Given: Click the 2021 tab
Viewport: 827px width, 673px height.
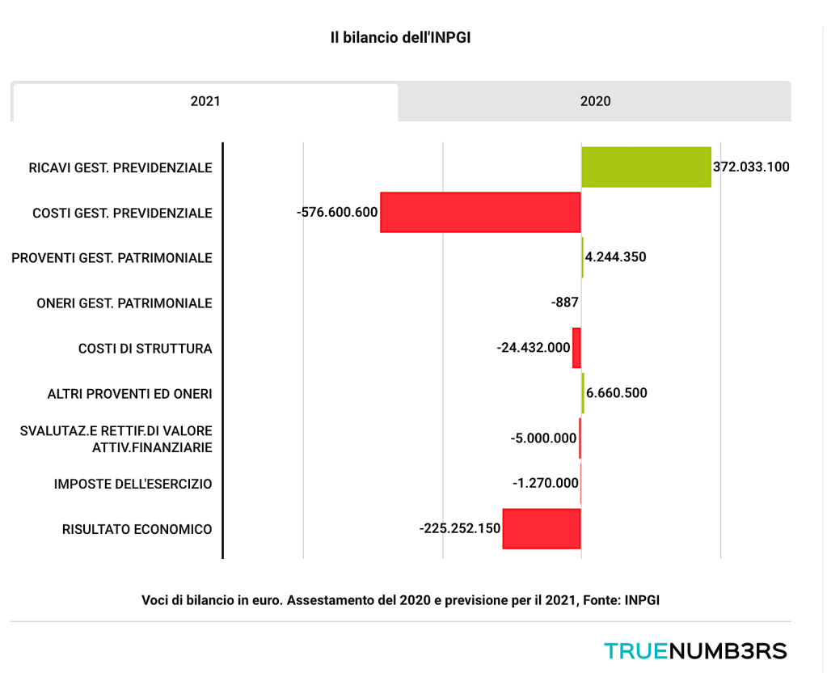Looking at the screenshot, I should pyautogui.click(x=205, y=102).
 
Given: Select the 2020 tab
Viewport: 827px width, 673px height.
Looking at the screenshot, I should pyautogui.click(x=595, y=102).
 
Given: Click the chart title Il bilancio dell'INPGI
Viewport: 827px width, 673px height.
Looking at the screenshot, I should pyautogui.click(x=400, y=38).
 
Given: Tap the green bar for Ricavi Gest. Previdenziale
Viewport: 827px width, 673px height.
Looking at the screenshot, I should pyautogui.click(x=646, y=167).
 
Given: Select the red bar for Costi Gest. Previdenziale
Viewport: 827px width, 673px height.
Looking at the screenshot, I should pyautogui.click(x=480, y=213).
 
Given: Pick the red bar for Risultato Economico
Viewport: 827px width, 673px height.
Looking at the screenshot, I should pyautogui.click(x=542, y=529).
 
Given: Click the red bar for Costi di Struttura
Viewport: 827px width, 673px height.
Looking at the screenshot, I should pyautogui.click(x=576, y=348).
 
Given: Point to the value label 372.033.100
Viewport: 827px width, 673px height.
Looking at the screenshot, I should pyautogui.click(x=751, y=167).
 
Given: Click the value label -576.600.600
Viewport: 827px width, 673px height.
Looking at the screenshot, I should pyautogui.click(x=337, y=213).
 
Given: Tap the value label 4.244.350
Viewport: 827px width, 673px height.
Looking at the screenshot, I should pyautogui.click(x=615, y=257).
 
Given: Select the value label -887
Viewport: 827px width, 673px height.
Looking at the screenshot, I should pyautogui.click(x=564, y=303).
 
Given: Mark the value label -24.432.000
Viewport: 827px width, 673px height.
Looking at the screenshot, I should pyautogui.click(x=534, y=348).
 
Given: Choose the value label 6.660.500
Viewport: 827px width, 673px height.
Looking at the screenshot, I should pyautogui.click(x=616, y=393).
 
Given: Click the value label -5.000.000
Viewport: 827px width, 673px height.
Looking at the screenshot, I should pyautogui.click(x=543, y=438).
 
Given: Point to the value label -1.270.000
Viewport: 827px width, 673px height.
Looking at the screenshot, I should pyautogui.click(x=545, y=484).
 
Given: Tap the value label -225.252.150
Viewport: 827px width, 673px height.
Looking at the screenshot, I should pyautogui.click(x=460, y=529).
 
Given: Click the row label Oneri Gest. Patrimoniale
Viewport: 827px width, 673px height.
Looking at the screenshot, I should pyautogui.click(x=124, y=303).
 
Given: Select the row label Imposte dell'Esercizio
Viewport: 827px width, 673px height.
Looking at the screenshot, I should pyautogui.click(x=133, y=484).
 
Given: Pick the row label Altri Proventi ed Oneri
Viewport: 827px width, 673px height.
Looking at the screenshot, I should pyautogui.click(x=129, y=394).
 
